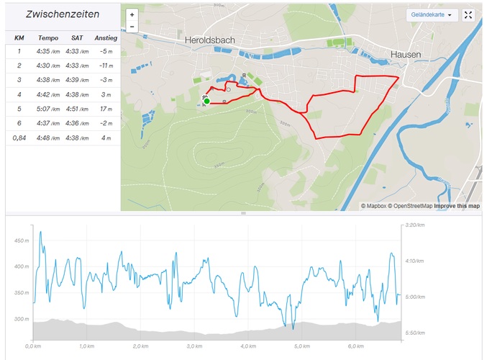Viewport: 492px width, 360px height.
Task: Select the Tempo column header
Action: [x=48, y=37]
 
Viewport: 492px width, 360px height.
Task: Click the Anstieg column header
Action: [x=106, y=37]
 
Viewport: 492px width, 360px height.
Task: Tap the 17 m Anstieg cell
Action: [x=106, y=109]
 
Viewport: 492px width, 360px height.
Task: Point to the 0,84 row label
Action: [x=19, y=137]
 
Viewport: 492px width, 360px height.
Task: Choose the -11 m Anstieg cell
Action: [x=106, y=66]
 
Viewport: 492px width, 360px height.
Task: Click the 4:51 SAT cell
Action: [x=77, y=109]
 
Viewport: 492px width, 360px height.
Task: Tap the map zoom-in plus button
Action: [x=132, y=14]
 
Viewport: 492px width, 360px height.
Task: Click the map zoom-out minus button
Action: [x=132, y=27]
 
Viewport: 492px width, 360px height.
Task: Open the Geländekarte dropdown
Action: [x=432, y=14]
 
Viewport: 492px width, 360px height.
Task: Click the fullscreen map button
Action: [x=468, y=14]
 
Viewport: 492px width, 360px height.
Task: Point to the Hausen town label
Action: [x=406, y=54]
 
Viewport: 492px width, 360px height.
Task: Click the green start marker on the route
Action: [x=206, y=102]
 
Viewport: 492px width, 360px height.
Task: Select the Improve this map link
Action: [x=457, y=206]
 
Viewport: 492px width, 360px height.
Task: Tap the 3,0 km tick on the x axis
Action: [x=193, y=346]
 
